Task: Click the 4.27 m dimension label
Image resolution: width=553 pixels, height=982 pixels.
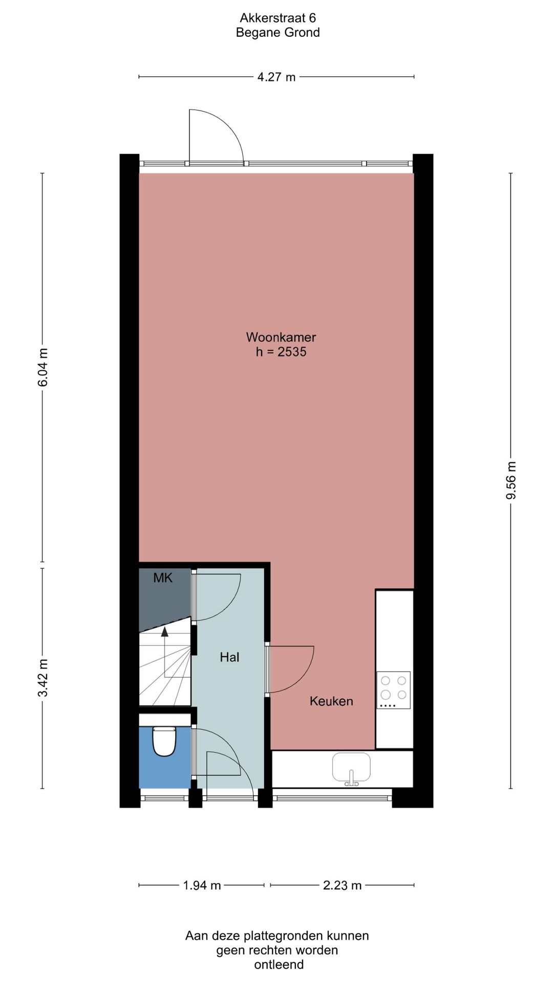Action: pyautogui.click(x=276, y=77)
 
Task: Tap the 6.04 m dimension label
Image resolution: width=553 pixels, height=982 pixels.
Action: pyautogui.click(x=43, y=367)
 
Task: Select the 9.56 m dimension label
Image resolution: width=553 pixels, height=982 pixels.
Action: pyautogui.click(x=511, y=480)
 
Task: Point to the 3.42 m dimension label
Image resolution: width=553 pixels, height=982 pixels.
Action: pyautogui.click(x=43, y=678)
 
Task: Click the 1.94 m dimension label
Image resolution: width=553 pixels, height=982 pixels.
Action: pyautogui.click(x=202, y=885)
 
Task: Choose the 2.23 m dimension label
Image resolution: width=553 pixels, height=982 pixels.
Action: pyautogui.click(x=342, y=885)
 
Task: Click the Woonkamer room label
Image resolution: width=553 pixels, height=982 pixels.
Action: pyautogui.click(x=281, y=337)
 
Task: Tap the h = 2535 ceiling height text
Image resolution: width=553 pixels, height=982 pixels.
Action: pyautogui.click(x=281, y=352)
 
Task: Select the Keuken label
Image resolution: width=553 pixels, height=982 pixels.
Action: pyautogui.click(x=331, y=701)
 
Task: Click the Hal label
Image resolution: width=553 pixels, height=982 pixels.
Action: pyautogui.click(x=229, y=657)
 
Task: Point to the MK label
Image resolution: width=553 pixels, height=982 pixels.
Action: pyautogui.click(x=163, y=578)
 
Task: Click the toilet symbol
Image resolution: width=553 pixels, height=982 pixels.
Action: pyautogui.click(x=164, y=742)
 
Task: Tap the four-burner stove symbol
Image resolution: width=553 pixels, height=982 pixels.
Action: pyautogui.click(x=393, y=690)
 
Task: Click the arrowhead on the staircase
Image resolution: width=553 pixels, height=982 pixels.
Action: pyautogui.click(x=164, y=632)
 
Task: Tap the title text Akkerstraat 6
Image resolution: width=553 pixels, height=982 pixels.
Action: pyautogui.click(x=278, y=18)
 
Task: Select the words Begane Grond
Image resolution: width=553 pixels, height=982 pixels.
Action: pyautogui.click(x=278, y=33)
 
